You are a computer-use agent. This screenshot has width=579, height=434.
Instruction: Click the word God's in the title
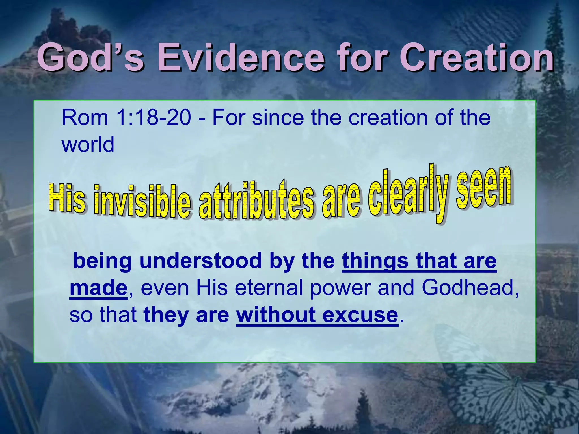tap(90, 58)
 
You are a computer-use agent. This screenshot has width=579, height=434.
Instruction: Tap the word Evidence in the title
tap(240, 58)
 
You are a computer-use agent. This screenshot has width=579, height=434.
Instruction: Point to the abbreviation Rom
tap(85, 118)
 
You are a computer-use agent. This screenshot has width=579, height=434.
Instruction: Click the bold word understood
tap(200, 261)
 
